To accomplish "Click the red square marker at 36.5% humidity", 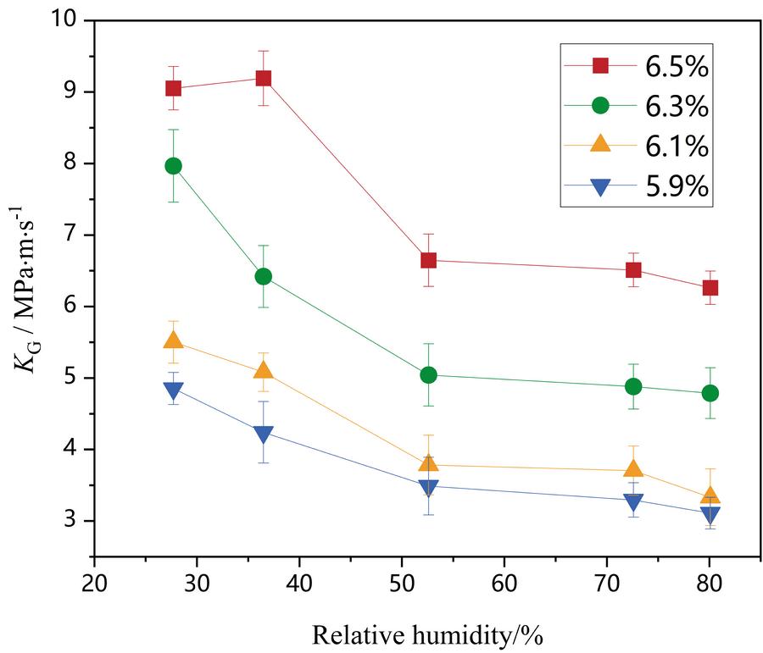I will click(x=263, y=79).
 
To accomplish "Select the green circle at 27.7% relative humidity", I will click(x=173, y=166).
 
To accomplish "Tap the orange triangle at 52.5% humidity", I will click(x=428, y=463).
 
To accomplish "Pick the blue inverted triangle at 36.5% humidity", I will click(x=263, y=434).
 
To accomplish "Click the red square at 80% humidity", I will click(x=710, y=288).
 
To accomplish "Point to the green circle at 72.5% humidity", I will click(x=632, y=386).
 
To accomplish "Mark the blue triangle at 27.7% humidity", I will click(x=173, y=390).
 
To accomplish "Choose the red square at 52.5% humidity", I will click(x=428, y=260).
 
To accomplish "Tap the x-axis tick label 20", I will click(x=94, y=585).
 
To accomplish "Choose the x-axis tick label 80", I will click(x=709, y=585).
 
